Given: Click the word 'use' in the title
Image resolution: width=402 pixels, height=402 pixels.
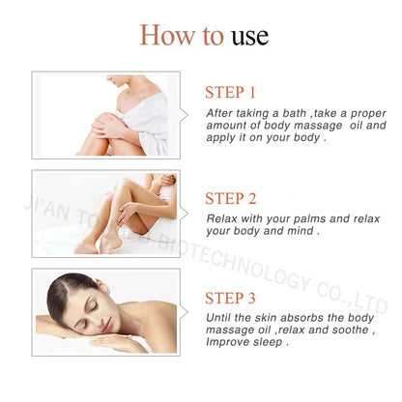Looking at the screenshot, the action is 250,36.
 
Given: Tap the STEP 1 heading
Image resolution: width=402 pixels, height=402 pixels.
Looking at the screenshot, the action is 230,93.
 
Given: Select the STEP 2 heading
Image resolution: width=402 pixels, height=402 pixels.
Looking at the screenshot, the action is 231,198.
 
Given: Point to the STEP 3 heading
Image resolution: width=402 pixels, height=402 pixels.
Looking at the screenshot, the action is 230,298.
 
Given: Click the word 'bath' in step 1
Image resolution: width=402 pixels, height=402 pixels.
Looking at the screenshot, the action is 295,113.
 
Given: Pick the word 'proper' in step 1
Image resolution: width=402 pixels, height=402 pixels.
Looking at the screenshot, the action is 368,114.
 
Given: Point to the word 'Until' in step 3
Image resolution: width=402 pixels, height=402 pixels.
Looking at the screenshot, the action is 218,318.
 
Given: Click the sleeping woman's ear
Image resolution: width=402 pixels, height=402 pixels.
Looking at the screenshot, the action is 102,286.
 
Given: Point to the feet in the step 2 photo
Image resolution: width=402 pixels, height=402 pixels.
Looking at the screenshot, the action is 98,244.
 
